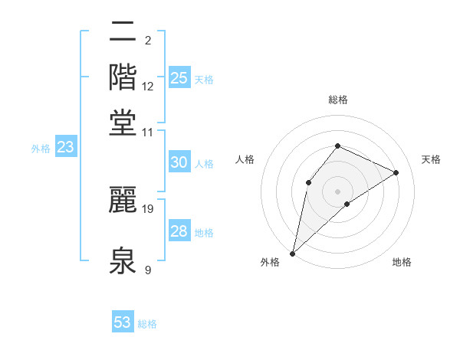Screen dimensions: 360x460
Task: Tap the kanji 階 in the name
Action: pos(123,78)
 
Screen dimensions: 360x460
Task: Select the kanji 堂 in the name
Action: pos(123,123)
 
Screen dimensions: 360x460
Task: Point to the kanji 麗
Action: pos(123,199)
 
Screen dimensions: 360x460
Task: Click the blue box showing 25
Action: pos(179,78)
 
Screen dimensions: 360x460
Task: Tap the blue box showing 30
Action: pos(179,162)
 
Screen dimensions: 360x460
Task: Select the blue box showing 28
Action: pos(179,231)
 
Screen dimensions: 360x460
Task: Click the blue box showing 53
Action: pos(123,322)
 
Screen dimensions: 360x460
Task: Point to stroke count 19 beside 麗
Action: pos(148,208)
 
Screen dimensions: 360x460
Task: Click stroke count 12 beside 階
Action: pos(148,87)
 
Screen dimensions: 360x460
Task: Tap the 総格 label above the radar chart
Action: pos(337,100)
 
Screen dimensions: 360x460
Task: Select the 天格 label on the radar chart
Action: pos(431,159)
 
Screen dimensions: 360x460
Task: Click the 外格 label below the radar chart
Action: pos(270,262)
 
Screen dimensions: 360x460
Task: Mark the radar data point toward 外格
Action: pos(292,254)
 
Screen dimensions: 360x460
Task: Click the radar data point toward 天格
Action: pos(396,172)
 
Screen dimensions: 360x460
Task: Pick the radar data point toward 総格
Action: pos(337,146)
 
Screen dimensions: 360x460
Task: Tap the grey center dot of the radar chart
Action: pos(337,191)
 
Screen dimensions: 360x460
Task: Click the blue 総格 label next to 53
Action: pos(147,324)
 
